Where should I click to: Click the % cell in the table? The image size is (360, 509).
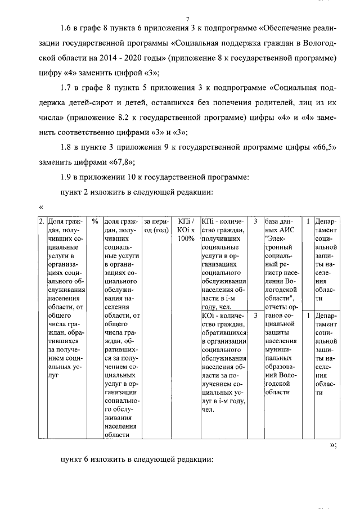95,221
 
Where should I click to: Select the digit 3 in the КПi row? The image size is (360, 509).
256,221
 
